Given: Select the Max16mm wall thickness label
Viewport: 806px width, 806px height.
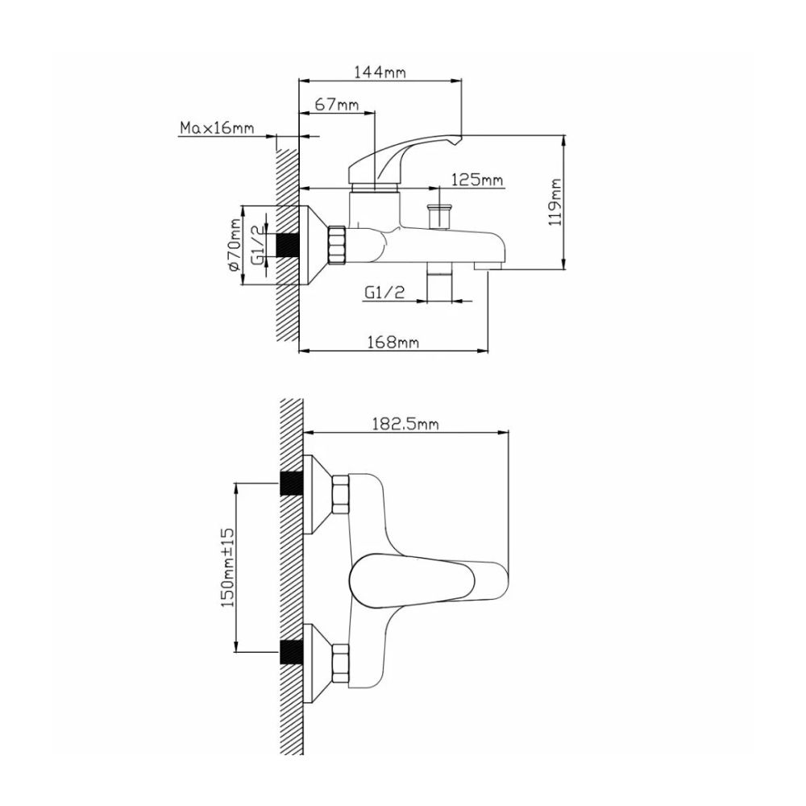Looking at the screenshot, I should (216, 128).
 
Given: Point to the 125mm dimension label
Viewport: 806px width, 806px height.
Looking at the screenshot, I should (476, 180).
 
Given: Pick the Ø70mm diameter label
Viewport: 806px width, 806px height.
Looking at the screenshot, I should (235, 244).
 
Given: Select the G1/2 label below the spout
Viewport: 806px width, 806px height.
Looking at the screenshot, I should (384, 294).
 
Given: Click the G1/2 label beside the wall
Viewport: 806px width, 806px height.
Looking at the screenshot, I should (257, 244).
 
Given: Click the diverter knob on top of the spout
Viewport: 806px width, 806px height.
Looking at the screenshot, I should (439, 216).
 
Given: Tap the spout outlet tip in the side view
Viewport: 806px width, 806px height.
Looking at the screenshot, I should (488, 264).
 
